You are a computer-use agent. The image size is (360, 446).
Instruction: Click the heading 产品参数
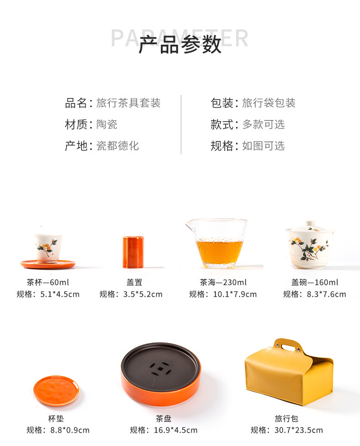(180, 45)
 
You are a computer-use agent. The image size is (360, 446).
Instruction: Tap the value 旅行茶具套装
(129, 103)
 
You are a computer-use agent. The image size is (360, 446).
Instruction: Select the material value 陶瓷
(107, 124)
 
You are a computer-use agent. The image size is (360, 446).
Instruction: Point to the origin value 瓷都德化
(118, 146)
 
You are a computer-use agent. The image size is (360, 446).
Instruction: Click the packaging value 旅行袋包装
(269, 103)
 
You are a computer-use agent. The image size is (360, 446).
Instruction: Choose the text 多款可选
(263, 124)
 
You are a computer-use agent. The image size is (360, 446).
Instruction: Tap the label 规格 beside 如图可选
(221, 146)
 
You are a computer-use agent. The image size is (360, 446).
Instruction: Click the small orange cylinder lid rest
(133, 252)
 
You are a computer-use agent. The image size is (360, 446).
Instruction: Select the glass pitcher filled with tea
(217, 244)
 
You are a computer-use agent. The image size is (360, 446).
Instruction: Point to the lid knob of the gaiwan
(310, 223)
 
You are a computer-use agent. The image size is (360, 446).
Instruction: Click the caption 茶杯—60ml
(48, 282)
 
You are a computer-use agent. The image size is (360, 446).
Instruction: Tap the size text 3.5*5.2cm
(143, 294)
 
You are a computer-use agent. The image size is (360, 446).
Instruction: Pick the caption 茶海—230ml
(223, 282)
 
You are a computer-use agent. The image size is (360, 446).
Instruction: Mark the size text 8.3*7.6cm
(326, 294)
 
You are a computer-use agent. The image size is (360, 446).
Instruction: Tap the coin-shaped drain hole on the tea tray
(160, 369)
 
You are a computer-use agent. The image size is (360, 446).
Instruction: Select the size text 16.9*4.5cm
(175, 430)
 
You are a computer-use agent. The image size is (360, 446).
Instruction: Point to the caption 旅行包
(287, 418)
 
